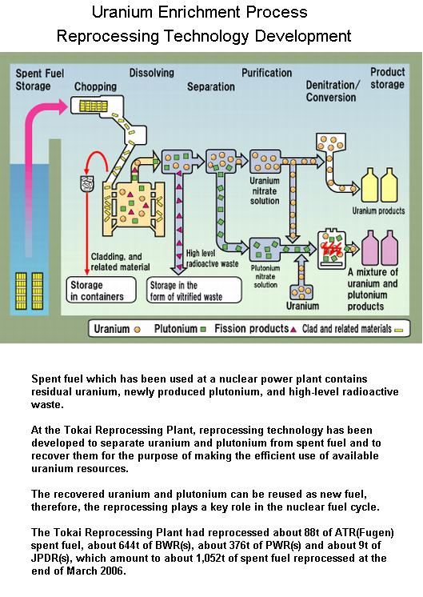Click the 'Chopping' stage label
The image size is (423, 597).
(x=95, y=86)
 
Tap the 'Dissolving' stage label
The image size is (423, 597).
(x=152, y=73)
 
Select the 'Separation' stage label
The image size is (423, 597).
(x=211, y=86)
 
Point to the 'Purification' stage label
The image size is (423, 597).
(x=266, y=73)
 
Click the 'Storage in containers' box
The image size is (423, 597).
(x=102, y=290)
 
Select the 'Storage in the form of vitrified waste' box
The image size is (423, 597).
(x=194, y=290)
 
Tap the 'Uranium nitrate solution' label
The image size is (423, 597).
(x=265, y=190)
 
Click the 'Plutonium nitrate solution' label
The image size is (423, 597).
(x=265, y=276)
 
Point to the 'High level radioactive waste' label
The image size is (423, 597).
(x=212, y=258)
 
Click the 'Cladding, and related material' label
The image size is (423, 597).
(x=120, y=262)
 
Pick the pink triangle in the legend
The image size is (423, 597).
(x=293, y=330)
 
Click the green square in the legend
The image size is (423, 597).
(x=203, y=330)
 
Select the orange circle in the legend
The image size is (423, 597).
(x=138, y=330)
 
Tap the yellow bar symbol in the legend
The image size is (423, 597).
(x=399, y=330)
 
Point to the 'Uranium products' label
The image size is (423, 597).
(x=378, y=210)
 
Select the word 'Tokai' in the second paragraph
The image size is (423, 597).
(x=78, y=430)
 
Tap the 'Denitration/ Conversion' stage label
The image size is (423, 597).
(x=332, y=91)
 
